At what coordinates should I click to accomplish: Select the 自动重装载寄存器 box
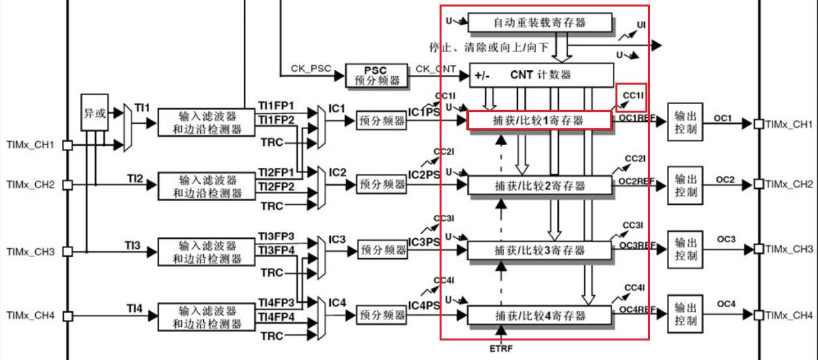540,23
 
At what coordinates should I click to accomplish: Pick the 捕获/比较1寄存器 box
539,120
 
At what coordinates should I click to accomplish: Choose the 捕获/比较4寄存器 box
540,316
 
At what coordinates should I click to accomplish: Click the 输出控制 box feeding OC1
686,122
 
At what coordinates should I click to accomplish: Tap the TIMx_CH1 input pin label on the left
30,145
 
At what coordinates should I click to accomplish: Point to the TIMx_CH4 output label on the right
789,315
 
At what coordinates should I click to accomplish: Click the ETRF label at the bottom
501,348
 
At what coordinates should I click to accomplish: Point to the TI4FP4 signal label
276,317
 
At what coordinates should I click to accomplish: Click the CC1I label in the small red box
632,96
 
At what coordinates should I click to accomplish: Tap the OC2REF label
636,181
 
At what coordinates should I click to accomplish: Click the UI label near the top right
642,25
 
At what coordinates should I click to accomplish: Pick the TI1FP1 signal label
276,105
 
